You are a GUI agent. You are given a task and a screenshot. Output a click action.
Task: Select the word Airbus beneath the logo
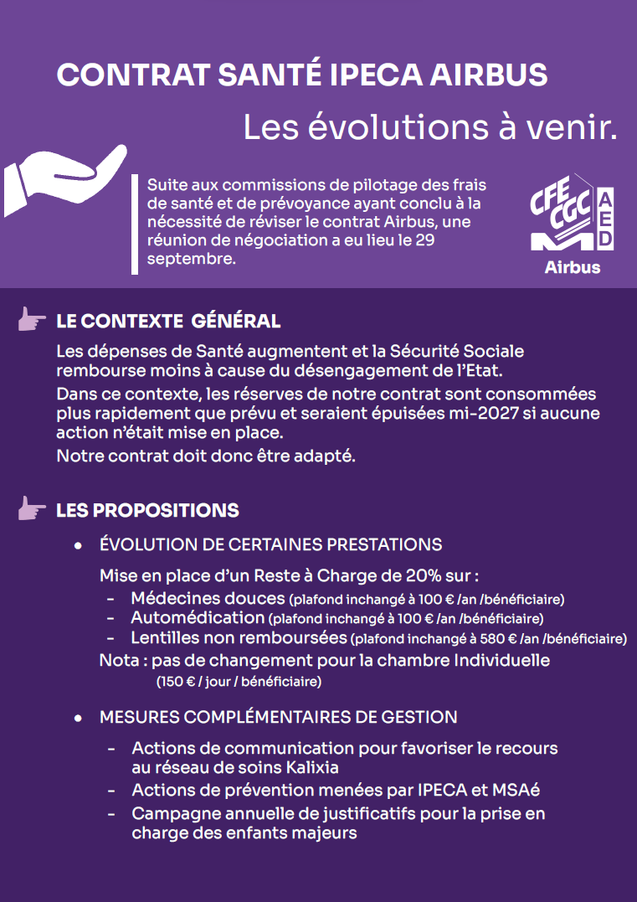573,268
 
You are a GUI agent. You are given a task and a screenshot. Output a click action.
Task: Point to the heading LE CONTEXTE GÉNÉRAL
167,322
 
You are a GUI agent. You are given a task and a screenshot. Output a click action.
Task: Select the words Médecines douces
208,599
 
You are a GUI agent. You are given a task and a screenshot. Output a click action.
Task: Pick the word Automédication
198,618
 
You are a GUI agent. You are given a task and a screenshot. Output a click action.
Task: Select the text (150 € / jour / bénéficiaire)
239,682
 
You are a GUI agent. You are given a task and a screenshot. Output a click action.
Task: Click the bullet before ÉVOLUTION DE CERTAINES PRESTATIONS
78,545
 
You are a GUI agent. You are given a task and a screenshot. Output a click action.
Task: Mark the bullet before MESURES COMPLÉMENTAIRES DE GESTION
78,719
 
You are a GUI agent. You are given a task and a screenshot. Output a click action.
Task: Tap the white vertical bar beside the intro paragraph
135,224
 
